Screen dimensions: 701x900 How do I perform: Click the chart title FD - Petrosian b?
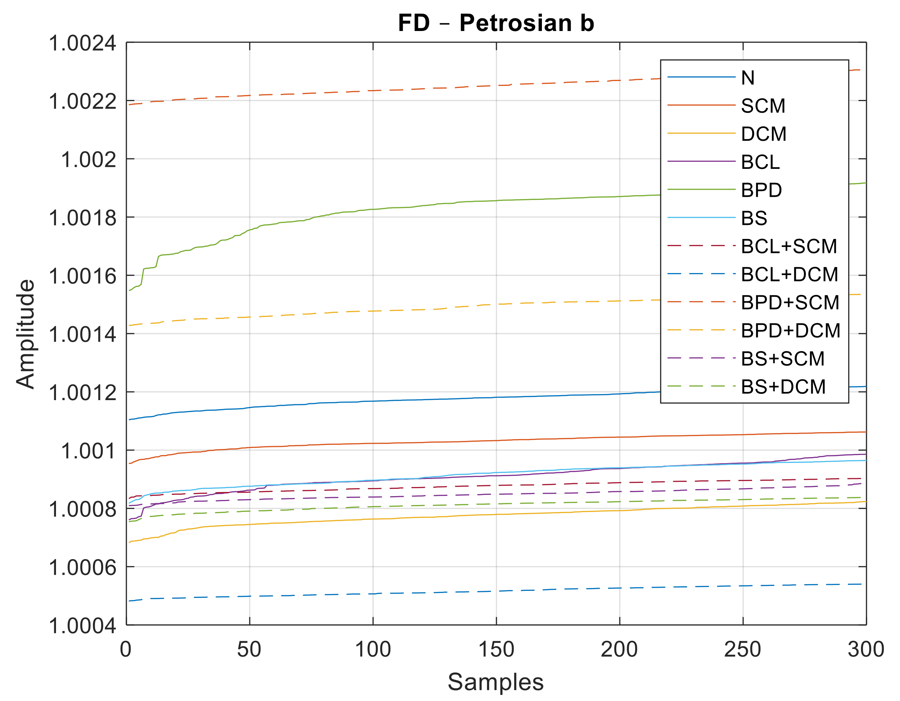[x=496, y=23]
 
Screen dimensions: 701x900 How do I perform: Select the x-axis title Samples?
[x=496, y=682]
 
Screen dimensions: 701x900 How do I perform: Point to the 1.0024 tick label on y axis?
[x=82, y=43]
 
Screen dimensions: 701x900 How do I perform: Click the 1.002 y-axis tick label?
[x=89, y=159]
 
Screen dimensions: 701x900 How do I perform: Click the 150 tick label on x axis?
[x=496, y=650]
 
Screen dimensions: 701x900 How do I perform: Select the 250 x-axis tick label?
[x=743, y=650]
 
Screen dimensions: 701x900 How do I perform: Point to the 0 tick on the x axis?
[x=126, y=650]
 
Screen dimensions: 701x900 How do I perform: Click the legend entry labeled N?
[x=748, y=78]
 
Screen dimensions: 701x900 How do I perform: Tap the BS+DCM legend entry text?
[x=783, y=387]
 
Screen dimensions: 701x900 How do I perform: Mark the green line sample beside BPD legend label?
[x=701, y=189]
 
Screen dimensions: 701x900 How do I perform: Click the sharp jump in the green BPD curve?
[x=143, y=276]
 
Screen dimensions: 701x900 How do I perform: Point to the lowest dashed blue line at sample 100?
[x=373, y=594]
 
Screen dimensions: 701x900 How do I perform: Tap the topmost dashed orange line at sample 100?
[x=373, y=90]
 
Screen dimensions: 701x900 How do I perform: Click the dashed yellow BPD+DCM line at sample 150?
[x=496, y=304]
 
